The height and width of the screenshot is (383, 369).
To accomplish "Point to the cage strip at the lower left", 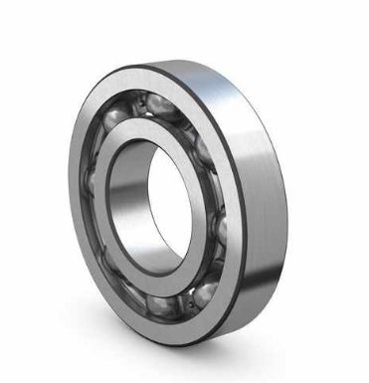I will click(109, 254).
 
